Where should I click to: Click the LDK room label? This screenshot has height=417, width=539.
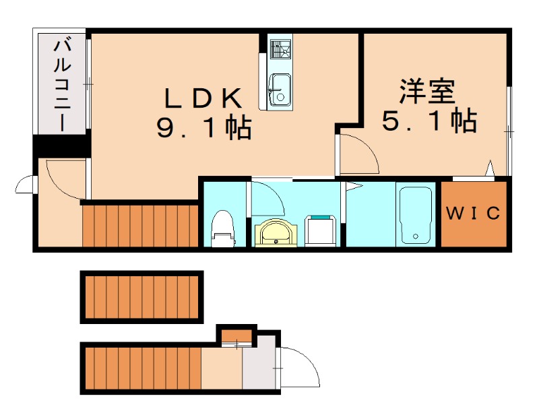[x=203, y=98]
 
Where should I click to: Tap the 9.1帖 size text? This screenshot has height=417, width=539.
[x=204, y=127]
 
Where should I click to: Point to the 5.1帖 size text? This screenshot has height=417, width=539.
[x=429, y=121]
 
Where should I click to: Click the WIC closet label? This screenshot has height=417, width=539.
[x=474, y=214]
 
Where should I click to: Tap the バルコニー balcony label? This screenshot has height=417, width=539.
[x=63, y=85]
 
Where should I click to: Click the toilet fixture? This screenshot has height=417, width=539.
[x=222, y=228]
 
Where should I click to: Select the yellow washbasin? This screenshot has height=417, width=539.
[x=274, y=233]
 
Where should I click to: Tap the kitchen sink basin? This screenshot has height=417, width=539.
[x=278, y=90]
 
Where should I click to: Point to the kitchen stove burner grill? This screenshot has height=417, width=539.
[x=279, y=49]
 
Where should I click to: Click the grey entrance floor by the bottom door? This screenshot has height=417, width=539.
[x=259, y=368]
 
